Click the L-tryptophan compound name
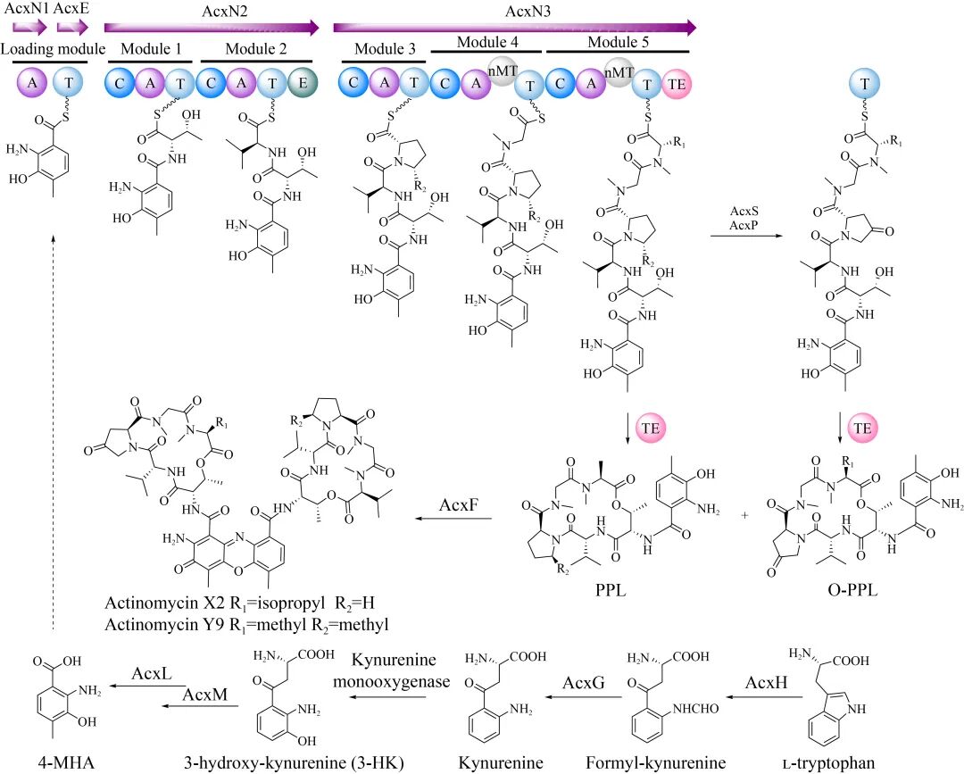coord(827,761)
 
